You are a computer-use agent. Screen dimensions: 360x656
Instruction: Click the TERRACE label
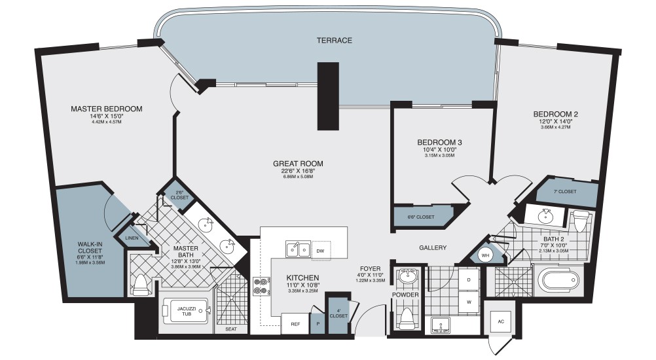click(x=335, y=41)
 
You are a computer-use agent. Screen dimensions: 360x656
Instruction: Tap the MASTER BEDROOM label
click(x=106, y=109)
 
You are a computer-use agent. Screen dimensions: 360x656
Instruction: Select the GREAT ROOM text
click(x=299, y=164)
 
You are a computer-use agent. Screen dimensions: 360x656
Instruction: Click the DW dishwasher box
click(x=320, y=251)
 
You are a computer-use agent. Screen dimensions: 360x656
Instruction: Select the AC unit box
click(x=501, y=322)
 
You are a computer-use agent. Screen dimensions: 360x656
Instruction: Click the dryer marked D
click(x=469, y=280)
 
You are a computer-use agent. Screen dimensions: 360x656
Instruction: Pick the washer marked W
click(x=469, y=302)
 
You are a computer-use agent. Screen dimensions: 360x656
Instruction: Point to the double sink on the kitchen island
click(x=297, y=249)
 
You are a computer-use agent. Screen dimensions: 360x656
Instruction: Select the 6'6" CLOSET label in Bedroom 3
click(x=420, y=217)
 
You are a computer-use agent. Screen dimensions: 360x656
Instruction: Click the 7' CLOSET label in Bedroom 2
click(x=564, y=192)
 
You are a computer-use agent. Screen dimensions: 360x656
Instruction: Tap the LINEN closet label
click(x=131, y=238)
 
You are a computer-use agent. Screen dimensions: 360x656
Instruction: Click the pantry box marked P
click(x=318, y=323)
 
